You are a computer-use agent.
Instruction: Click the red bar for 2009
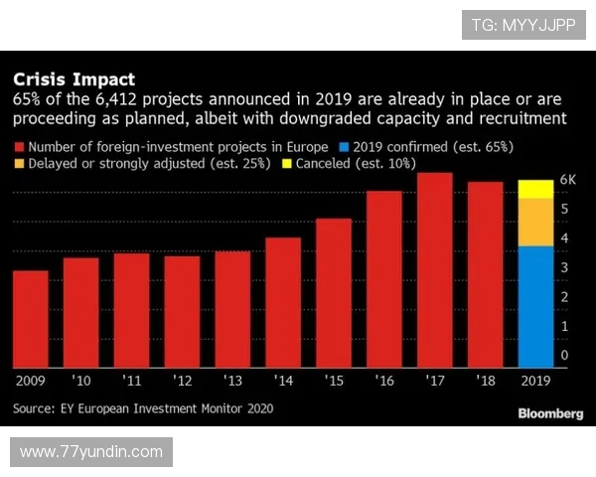click(30, 318)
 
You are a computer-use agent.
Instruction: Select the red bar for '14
click(283, 302)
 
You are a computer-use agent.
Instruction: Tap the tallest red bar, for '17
click(435, 269)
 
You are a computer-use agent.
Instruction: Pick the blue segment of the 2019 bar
click(536, 306)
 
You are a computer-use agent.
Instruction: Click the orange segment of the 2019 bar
click(536, 222)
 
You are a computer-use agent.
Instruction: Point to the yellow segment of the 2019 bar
click(536, 189)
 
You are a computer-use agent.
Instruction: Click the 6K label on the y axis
click(568, 180)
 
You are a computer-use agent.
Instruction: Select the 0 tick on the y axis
click(564, 355)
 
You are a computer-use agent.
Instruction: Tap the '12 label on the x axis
click(182, 380)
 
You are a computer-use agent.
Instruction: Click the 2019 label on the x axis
click(536, 380)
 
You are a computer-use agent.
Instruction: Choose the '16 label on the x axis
click(384, 380)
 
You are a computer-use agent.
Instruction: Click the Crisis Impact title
click(74, 79)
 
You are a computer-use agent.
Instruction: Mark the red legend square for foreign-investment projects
click(19, 146)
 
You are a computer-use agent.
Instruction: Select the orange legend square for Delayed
click(19, 164)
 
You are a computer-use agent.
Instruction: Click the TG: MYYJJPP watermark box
click(522, 25)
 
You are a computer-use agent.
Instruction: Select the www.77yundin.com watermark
click(91, 452)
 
